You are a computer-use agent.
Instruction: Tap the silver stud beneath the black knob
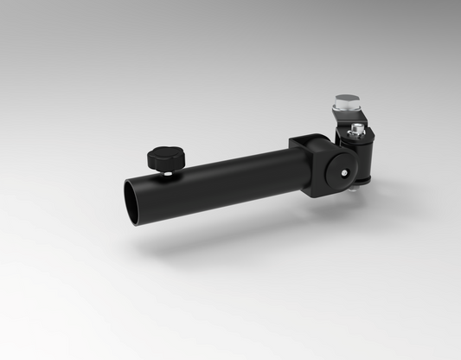164,173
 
